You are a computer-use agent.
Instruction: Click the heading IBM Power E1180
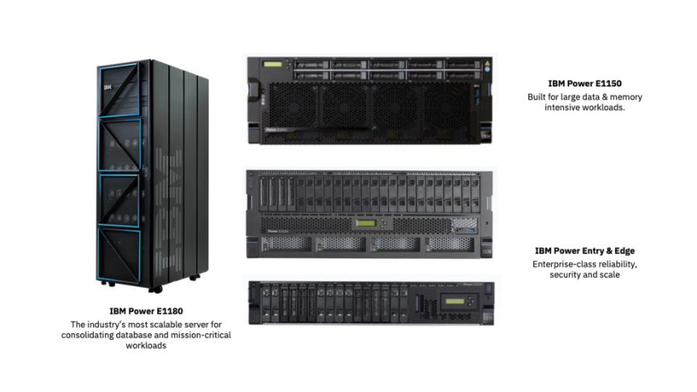(x=146, y=311)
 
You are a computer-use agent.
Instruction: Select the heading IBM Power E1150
(x=584, y=83)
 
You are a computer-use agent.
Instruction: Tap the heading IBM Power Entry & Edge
(x=584, y=250)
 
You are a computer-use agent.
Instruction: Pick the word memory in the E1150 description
(x=626, y=97)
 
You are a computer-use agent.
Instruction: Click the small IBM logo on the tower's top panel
(x=107, y=88)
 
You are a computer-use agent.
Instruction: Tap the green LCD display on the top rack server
(x=272, y=65)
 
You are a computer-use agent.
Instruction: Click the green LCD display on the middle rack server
(x=366, y=223)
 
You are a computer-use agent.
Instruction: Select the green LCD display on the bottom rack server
(x=455, y=301)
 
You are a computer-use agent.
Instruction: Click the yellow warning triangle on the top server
(x=487, y=64)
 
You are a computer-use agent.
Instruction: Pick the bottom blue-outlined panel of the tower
(x=120, y=256)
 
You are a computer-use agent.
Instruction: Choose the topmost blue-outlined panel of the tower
(x=119, y=90)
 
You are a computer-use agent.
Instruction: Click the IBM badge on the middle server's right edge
(x=487, y=252)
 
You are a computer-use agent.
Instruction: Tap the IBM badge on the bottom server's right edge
(x=488, y=319)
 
